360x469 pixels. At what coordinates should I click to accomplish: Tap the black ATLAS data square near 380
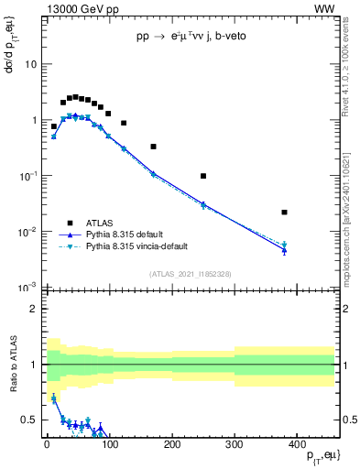[x=285, y=213]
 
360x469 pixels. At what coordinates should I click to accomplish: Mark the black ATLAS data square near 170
[x=153, y=147]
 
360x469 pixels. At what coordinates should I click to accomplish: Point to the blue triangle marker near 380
[x=285, y=250]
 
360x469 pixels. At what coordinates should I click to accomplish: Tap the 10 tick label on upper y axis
[x=29, y=64]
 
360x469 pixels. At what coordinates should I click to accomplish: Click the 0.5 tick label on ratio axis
[x=27, y=420]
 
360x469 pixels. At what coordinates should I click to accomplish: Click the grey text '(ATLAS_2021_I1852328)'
[x=190, y=274]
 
